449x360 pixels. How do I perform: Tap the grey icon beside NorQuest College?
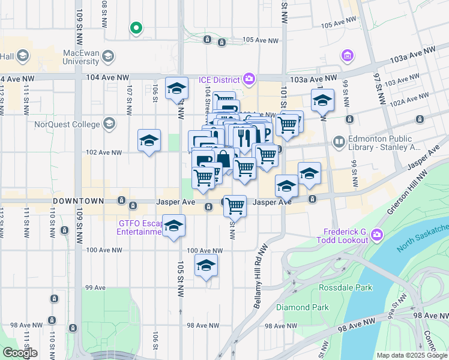point(109,124)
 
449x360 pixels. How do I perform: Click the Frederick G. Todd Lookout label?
point(345,236)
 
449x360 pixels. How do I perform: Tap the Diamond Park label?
point(302,307)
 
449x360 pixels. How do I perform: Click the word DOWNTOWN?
point(79,200)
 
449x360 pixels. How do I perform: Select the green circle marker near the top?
point(136,28)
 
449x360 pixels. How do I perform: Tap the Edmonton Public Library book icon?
point(339,142)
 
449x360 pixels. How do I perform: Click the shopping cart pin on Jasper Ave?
point(235,206)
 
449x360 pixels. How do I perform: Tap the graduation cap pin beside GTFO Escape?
point(173,226)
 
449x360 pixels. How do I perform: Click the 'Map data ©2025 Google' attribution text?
point(411,355)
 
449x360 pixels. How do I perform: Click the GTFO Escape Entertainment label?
point(140,227)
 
